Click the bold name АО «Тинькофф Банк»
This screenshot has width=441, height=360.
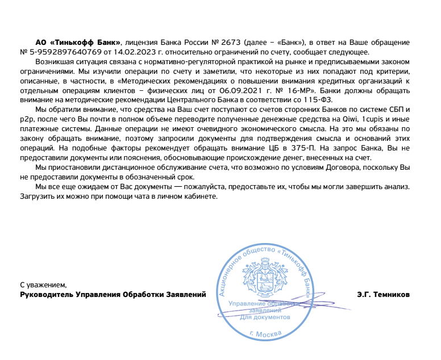point(78,43)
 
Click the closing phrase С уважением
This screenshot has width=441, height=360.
point(43,285)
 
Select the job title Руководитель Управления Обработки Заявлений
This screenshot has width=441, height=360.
point(113,295)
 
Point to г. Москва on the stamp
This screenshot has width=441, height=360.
point(265,334)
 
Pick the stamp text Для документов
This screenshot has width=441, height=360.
point(265,317)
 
